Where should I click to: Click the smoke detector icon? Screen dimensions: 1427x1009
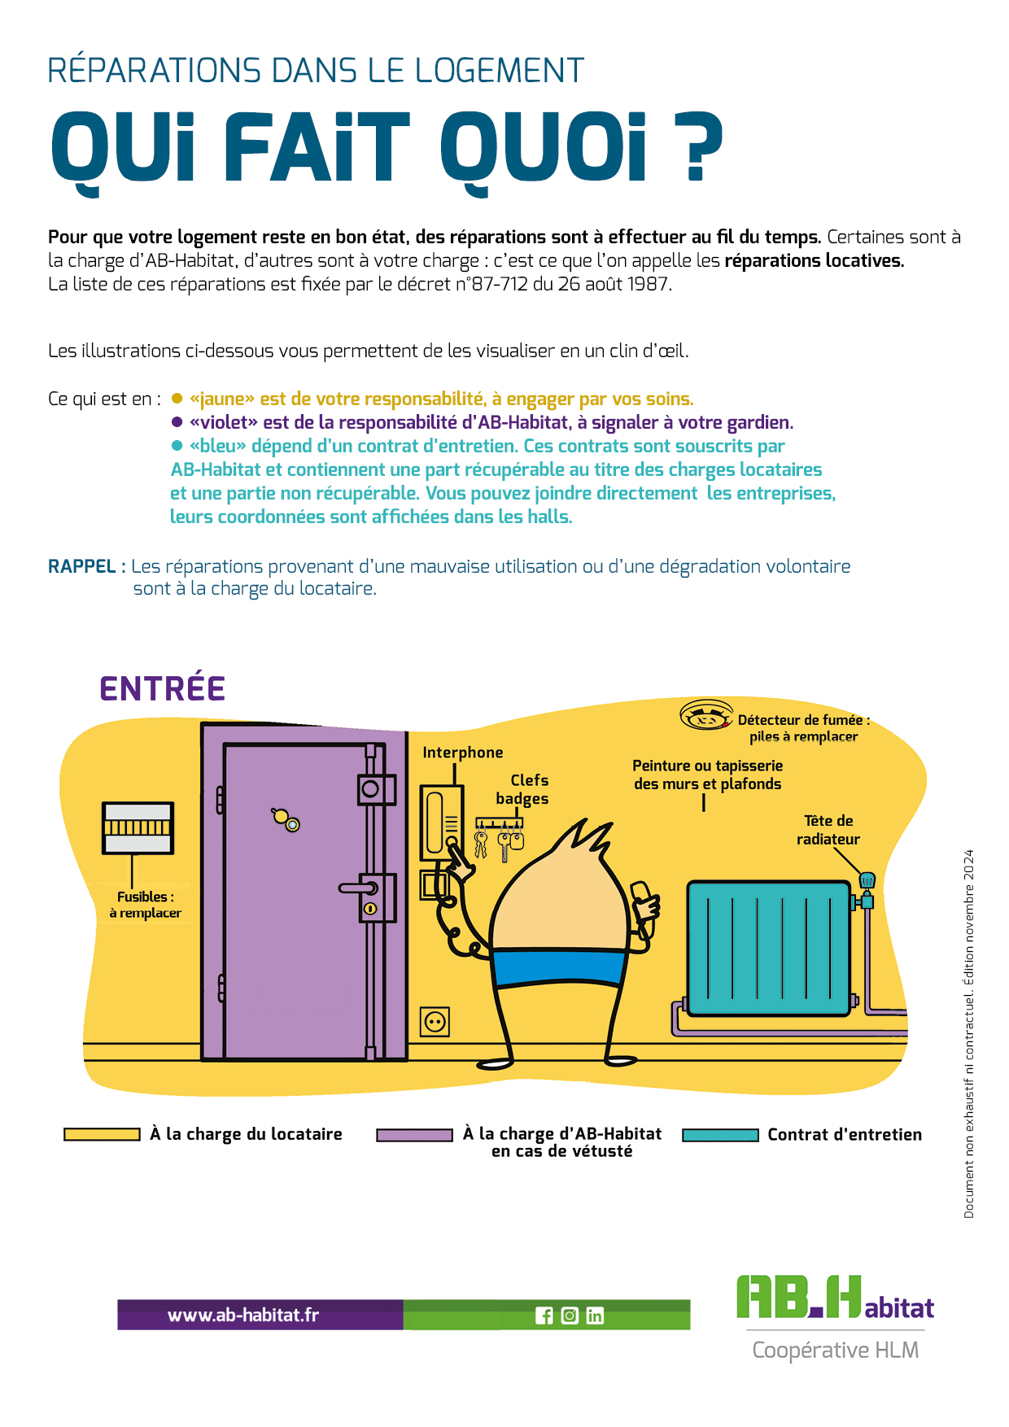tap(705, 716)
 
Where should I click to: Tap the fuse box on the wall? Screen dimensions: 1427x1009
tap(138, 827)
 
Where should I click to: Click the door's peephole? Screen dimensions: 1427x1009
tap(293, 825)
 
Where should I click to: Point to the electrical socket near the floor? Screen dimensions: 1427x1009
tap(435, 1021)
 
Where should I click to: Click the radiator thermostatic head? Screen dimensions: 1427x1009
tap(867, 879)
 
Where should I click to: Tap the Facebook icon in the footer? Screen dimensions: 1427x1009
tap(544, 1316)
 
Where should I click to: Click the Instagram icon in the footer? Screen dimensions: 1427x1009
tap(570, 1316)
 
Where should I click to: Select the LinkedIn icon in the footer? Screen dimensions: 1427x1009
tap(595, 1316)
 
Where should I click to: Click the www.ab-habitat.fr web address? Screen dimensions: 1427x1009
tap(243, 1315)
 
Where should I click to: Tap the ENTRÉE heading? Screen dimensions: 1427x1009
tap(162, 689)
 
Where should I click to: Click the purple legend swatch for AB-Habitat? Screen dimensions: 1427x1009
tap(414, 1135)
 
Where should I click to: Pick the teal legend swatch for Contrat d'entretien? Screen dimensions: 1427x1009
tap(720, 1135)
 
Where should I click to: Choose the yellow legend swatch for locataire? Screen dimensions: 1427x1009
tap(102, 1134)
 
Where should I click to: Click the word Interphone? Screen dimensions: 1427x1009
tap(462, 753)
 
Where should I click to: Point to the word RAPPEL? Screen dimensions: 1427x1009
tap(81, 566)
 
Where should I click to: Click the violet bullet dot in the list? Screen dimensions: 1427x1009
tap(177, 422)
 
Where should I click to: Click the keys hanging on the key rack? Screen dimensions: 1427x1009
tap(499, 840)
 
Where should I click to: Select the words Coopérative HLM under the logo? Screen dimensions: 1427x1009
tap(835, 1351)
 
